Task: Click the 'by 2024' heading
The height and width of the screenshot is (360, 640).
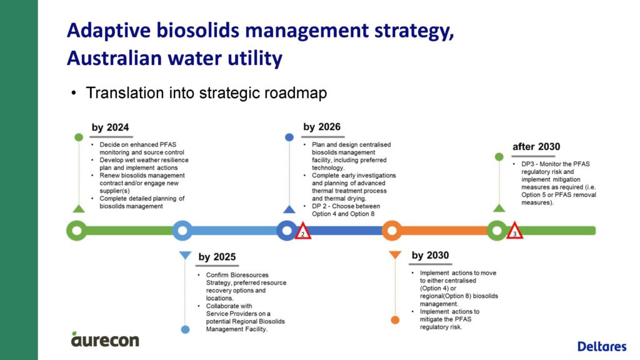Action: pyautogui.click(x=110, y=127)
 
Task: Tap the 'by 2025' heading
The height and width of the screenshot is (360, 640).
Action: pyautogui.click(x=217, y=257)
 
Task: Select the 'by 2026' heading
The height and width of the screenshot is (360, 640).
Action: pyautogui.click(x=322, y=127)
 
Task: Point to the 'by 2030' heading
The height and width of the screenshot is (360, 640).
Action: pyautogui.click(x=430, y=255)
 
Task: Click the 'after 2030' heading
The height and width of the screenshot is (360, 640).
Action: pyautogui.click(x=536, y=146)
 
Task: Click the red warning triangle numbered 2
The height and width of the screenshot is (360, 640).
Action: pyautogui.click(x=302, y=231)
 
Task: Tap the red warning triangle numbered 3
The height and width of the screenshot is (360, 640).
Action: pyautogui.click(x=515, y=231)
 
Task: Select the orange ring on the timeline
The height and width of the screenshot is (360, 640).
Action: pyautogui.click(x=384, y=231)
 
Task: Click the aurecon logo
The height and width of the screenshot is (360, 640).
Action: pyautogui.click(x=105, y=339)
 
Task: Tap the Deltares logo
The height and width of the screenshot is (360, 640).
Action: pyautogui.click(x=602, y=346)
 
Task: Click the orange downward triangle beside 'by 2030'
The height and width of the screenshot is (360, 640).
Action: pyautogui.click(x=395, y=255)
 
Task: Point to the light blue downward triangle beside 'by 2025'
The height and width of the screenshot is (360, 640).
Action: pyautogui.click(x=185, y=255)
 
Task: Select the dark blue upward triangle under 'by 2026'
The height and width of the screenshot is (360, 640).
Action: pyautogui.click(x=289, y=209)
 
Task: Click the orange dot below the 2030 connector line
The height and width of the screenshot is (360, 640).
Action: pyautogui.click(x=395, y=320)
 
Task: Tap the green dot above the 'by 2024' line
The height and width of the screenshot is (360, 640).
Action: pyautogui.click(x=79, y=137)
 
